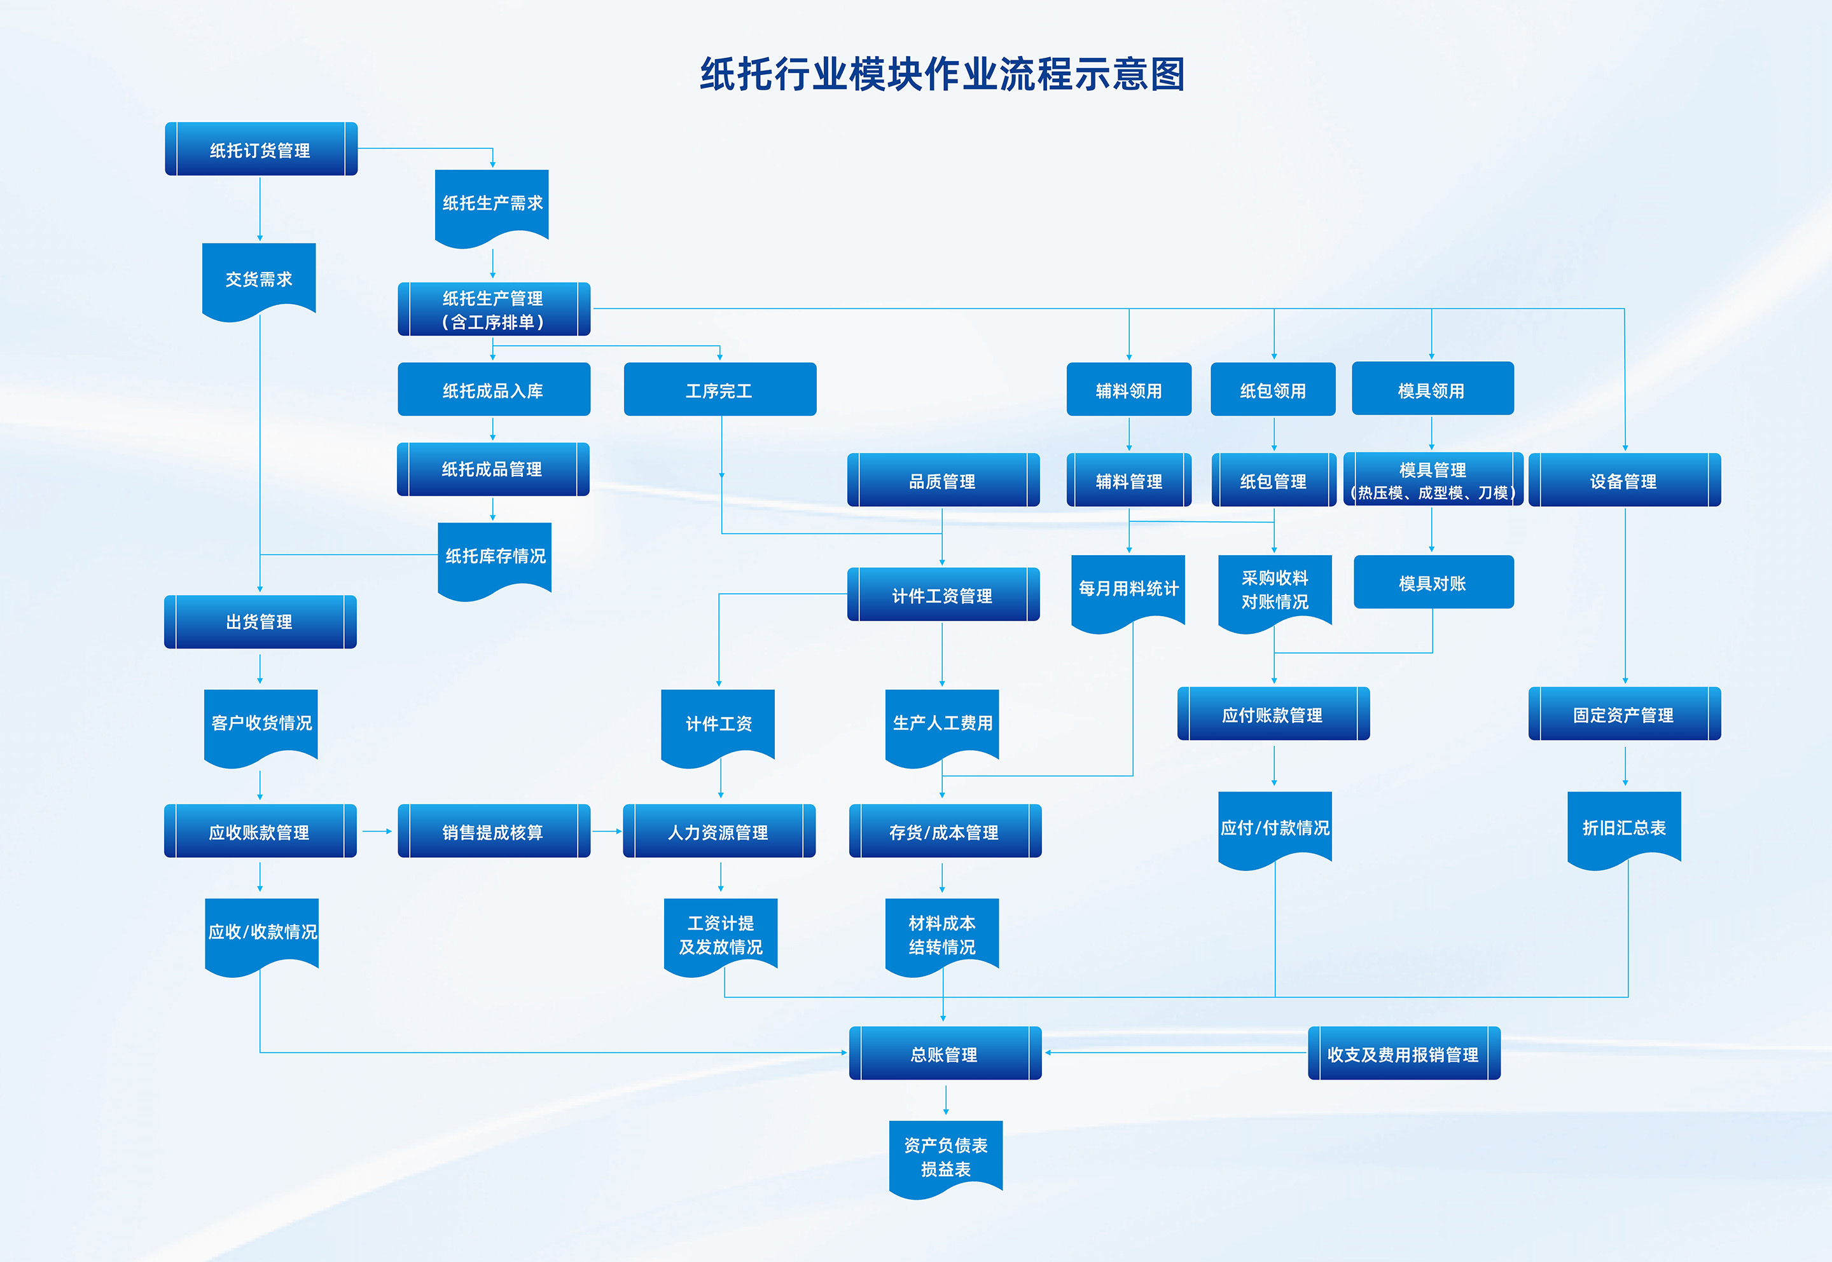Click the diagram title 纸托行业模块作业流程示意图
(942, 74)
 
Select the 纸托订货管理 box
(260, 149)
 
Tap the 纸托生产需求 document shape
(492, 204)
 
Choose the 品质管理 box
(942, 481)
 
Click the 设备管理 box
(1624, 481)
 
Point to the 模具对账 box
(1433, 583)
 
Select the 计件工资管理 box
(942, 596)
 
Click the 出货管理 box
(260, 622)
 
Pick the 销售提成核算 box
(493, 832)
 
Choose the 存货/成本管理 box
(944, 832)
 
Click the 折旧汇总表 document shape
(1624, 827)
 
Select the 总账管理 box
(945, 1054)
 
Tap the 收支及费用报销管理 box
(1403, 1054)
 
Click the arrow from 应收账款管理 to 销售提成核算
(377, 832)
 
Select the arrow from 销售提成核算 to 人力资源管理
(607, 832)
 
